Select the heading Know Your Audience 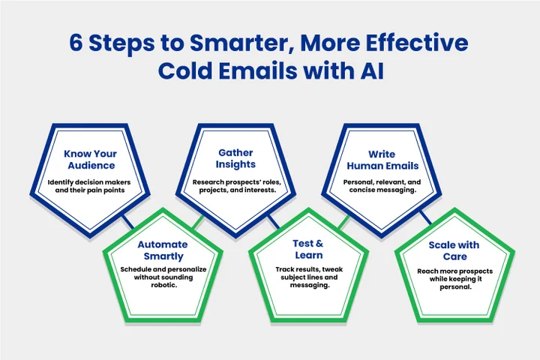coord(90,160)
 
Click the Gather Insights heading coord(236,158)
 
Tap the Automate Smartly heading coord(162,250)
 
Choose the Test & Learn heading coord(308,249)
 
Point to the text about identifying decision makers coord(90,187)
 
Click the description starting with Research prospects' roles coord(236,186)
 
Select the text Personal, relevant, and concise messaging coord(381,186)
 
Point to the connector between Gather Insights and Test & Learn coord(274,222)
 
